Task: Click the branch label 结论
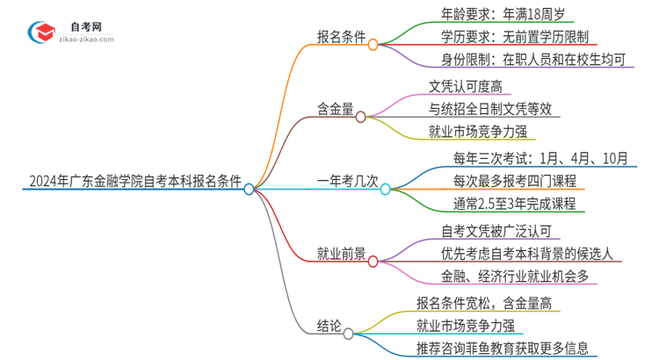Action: [329, 326]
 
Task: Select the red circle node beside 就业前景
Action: [373, 261]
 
